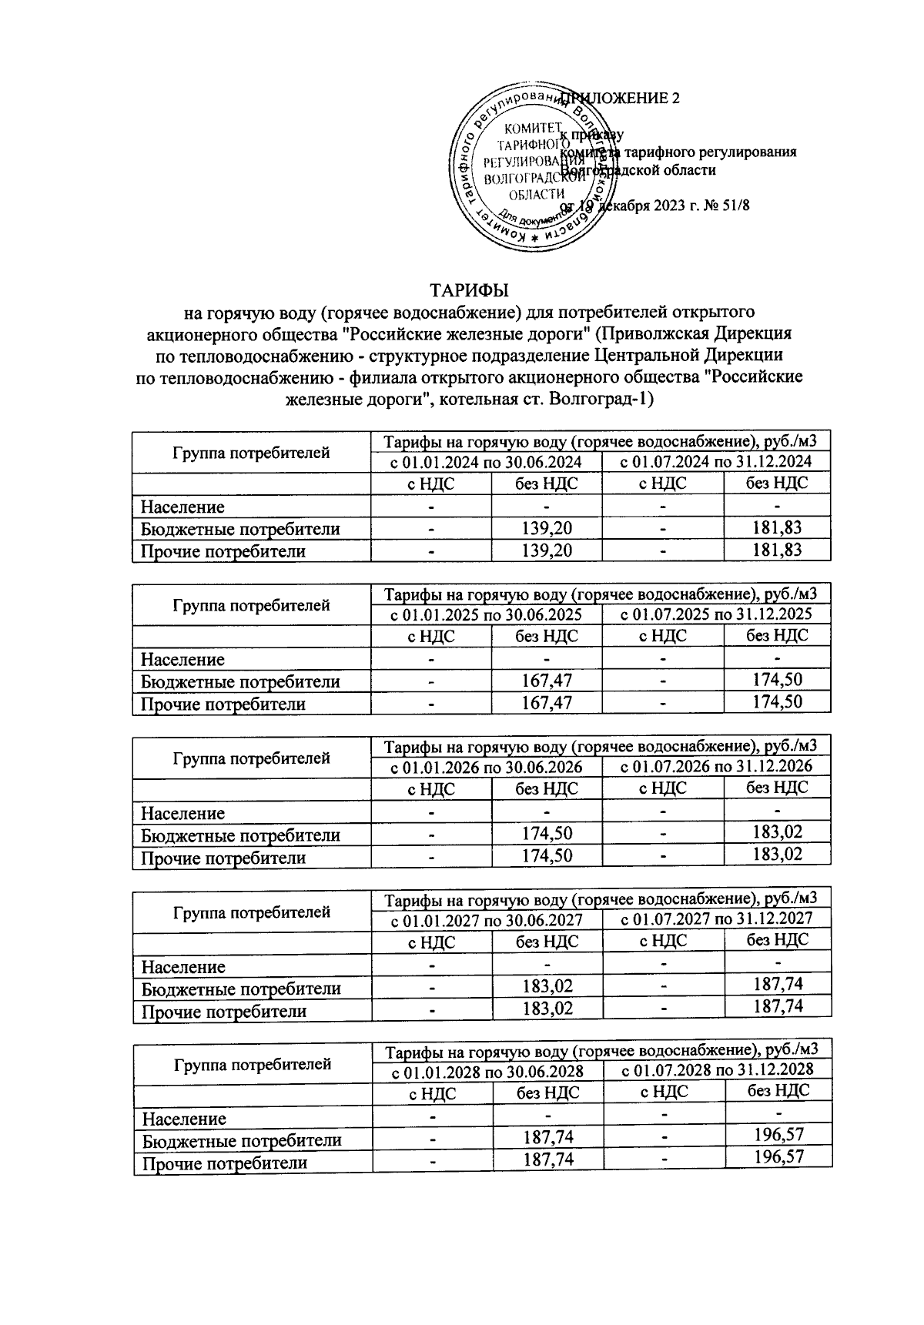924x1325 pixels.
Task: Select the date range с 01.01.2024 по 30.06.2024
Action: (486, 462)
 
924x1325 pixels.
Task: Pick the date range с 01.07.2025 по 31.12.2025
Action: (717, 614)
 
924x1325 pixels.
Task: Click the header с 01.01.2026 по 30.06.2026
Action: (486, 768)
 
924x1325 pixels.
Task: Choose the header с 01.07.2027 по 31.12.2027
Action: (717, 919)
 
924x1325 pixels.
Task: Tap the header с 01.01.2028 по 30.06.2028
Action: (486, 1072)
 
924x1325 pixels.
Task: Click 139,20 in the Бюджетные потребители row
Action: (547, 529)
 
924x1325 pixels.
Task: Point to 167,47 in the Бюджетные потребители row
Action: (547, 681)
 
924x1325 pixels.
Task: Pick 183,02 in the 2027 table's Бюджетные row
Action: (547, 987)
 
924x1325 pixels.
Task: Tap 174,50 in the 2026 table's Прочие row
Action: (547, 855)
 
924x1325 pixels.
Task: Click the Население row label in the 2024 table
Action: (182, 507)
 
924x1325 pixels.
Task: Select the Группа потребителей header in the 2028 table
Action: (253, 1064)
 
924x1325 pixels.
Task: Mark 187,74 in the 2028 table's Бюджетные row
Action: (547, 1137)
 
